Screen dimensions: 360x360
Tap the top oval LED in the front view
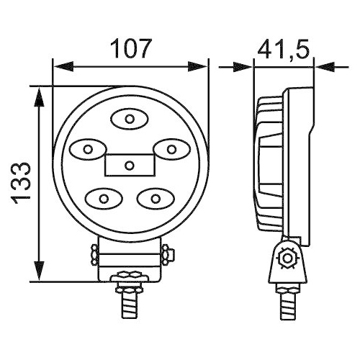(x=129, y=119)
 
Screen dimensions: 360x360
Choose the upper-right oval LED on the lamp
(x=171, y=149)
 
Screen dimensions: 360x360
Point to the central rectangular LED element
(x=129, y=165)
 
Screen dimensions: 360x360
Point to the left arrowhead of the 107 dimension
(x=62, y=68)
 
